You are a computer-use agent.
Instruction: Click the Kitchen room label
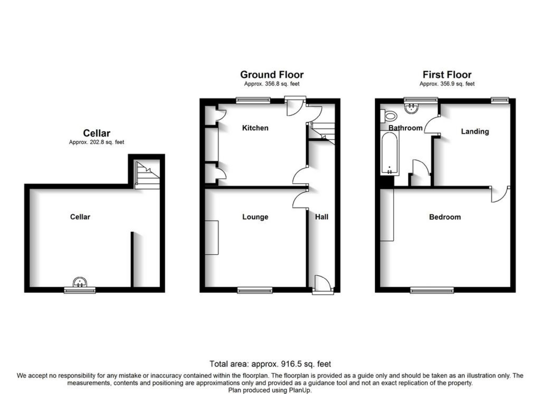coord(255,128)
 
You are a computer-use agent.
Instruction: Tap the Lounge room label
coord(255,217)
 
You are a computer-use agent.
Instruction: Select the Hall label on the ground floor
coord(321,217)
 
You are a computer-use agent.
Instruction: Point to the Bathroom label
coord(405,128)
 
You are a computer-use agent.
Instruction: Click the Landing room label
coord(475,131)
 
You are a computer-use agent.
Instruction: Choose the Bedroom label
coord(445,217)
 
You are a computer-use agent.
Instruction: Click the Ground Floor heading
coord(272,74)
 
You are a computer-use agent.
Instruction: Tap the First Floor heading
coord(447,74)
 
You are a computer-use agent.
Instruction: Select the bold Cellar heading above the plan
coord(96,133)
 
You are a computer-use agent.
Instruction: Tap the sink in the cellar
coord(80,282)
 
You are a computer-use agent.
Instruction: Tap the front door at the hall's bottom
coord(323,285)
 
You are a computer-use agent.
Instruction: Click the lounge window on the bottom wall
coord(255,290)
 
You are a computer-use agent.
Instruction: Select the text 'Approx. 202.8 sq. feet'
coord(96,142)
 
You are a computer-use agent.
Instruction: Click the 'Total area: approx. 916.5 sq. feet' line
coord(270,364)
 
